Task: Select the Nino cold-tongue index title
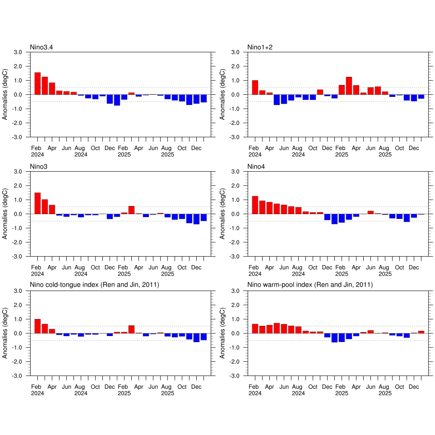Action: pyautogui.click(x=94, y=285)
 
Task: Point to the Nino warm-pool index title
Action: pyautogui.click(x=310, y=285)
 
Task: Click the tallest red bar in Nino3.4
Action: pyautogui.click(x=37, y=83)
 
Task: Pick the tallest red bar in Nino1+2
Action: pyautogui.click(x=349, y=86)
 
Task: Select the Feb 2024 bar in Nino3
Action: pyautogui.click(x=37, y=203)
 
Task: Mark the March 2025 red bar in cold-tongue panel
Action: pyautogui.click(x=131, y=329)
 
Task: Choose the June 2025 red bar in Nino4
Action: pyautogui.click(x=370, y=212)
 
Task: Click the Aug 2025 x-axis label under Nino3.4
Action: pyautogui.click(x=167, y=151)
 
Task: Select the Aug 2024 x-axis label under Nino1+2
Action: pyautogui.click(x=298, y=151)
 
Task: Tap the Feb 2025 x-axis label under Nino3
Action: pyautogui.click(x=124, y=271)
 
